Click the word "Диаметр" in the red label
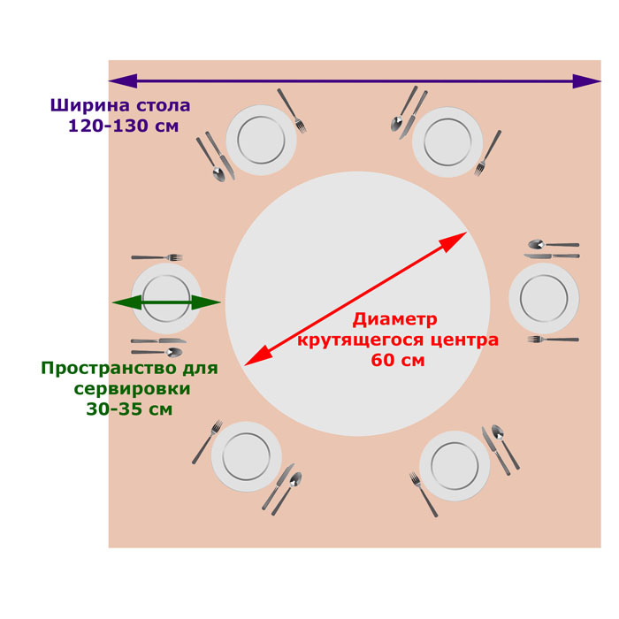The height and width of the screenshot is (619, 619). pyautogui.click(x=394, y=320)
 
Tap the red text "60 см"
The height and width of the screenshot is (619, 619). pyautogui.click(x=398, y=361)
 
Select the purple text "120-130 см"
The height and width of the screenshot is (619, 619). pyautogui.click(x=124, y=126)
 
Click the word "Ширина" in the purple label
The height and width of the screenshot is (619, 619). pyautogui.click(x=90, y=105)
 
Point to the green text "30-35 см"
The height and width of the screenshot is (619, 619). pyautogui.click(x=129, y=409)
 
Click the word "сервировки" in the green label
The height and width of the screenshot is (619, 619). pyautogui.click(x=132, y=389)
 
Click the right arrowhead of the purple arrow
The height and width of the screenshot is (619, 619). pyautogui.click(x=586, y=81)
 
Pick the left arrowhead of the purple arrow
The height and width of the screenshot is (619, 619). pyautogui.click(x=123, y=81)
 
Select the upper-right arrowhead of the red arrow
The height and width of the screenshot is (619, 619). pyautogui.click(x=454, y=241)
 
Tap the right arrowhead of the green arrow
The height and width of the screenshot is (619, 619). pyautogui.click(x=206, y=302)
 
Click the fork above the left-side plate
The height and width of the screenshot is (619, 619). pyautogui.click(x=157, y=257)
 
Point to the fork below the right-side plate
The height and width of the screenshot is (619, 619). pyautogui.click(x=553, y=339)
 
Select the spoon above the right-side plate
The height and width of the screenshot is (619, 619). pyautogui.click(x=554, y=244)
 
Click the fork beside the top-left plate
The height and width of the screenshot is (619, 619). pyautogui.click(x=292, y=111)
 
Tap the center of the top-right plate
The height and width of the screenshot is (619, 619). pyautogui.click(x=447, y=141)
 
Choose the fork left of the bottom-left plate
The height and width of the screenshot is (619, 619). pyautogui.click(x=207, y=442)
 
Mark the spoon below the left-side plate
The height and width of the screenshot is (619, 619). pyautogui.click(x=157, y=352)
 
